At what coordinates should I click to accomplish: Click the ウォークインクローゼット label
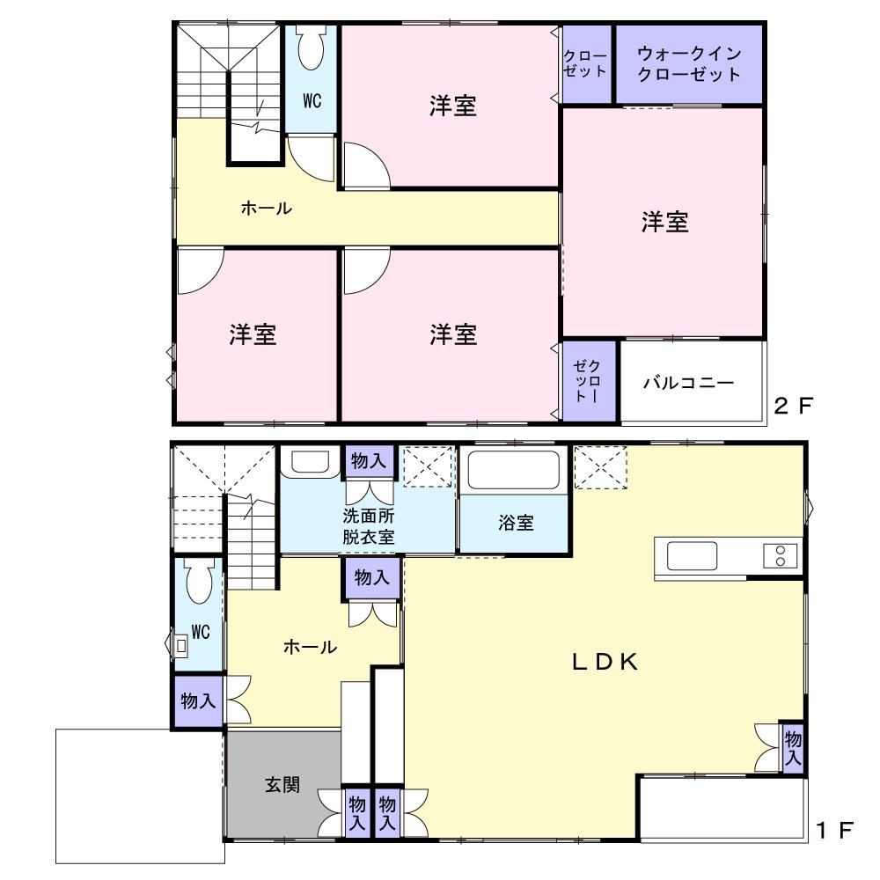click(689, 64)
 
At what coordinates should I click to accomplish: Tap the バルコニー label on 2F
click(689, 383)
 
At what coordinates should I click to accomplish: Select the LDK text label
click(605, 663)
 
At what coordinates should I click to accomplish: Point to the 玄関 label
click(282, 784)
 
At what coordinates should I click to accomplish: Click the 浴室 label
click(516, 523)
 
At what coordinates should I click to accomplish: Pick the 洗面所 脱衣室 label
click(368, 526)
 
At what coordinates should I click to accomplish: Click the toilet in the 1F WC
click(199, 580)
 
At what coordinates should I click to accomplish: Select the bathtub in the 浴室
click(514, 470)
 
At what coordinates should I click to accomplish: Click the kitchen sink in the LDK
click(692, 555)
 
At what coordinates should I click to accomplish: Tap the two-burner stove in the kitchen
click(780, 555)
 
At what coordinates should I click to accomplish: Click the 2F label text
click(793, 405)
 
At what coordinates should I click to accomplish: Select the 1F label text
click(835, 830)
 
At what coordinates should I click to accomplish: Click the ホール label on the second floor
click(266, 209)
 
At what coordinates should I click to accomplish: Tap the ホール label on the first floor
click(310, 647)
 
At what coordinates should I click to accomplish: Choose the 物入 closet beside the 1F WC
click(198, 701)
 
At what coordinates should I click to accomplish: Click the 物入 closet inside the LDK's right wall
click(793, 747)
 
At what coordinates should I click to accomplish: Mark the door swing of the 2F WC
click(312, 158)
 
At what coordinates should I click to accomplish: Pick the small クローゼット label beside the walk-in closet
click(585, 63)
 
